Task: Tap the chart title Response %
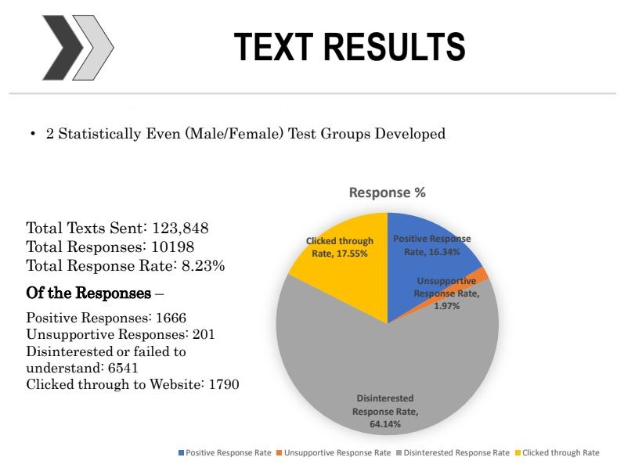point(388,193)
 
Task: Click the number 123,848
point(180,229)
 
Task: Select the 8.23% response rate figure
point(203,266)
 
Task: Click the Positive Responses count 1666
point(171,318)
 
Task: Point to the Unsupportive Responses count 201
point(204,334)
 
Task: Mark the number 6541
point(123,368)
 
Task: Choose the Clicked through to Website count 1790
point(224,384)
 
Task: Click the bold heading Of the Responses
point(88,293)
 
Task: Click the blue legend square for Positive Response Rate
point(182,453)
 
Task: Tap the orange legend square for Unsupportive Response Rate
point(280,453)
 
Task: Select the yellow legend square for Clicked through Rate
point(518,453)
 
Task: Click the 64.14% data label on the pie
point(385,424)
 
